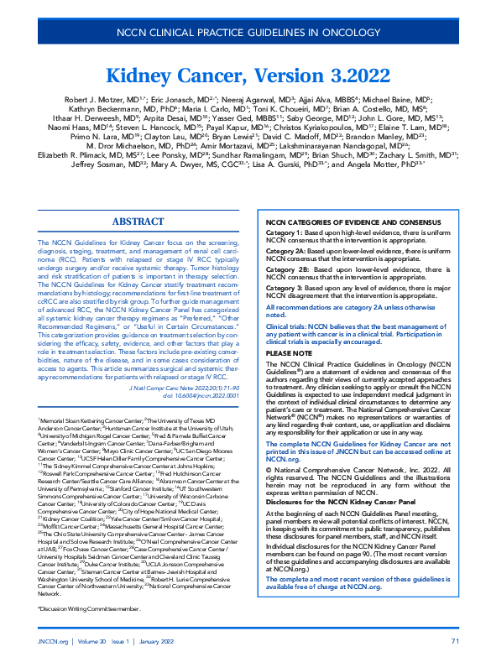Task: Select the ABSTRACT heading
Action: [x=138, y=222]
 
